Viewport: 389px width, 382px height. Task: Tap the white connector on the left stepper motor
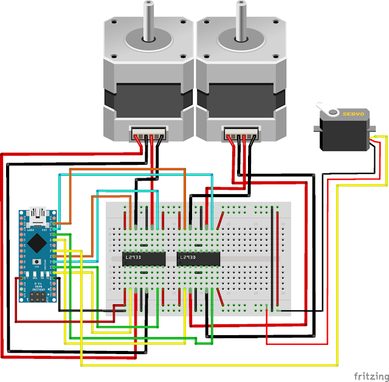coord(148,133)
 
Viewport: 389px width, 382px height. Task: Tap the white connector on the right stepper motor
coord(241,133)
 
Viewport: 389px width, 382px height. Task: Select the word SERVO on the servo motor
coord(353,114)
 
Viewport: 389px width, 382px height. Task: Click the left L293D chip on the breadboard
coord(143,258)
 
